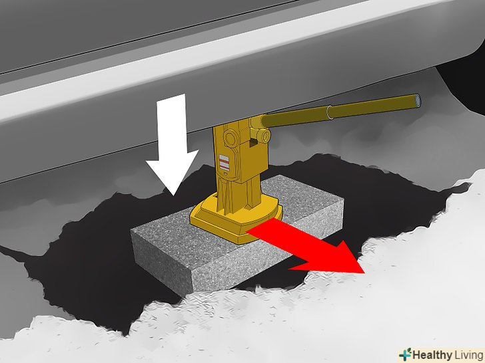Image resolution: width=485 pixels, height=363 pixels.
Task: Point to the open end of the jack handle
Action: tap(418, 100)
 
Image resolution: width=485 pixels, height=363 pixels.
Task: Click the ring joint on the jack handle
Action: tap(330, 112)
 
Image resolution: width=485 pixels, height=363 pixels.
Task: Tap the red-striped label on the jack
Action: tap(224, 163)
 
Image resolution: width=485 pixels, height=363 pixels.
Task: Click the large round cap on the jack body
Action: tap(231, 138)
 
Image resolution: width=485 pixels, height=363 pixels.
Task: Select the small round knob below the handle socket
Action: tap(264, 136)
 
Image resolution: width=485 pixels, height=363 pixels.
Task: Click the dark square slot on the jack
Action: tap(253, 142)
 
